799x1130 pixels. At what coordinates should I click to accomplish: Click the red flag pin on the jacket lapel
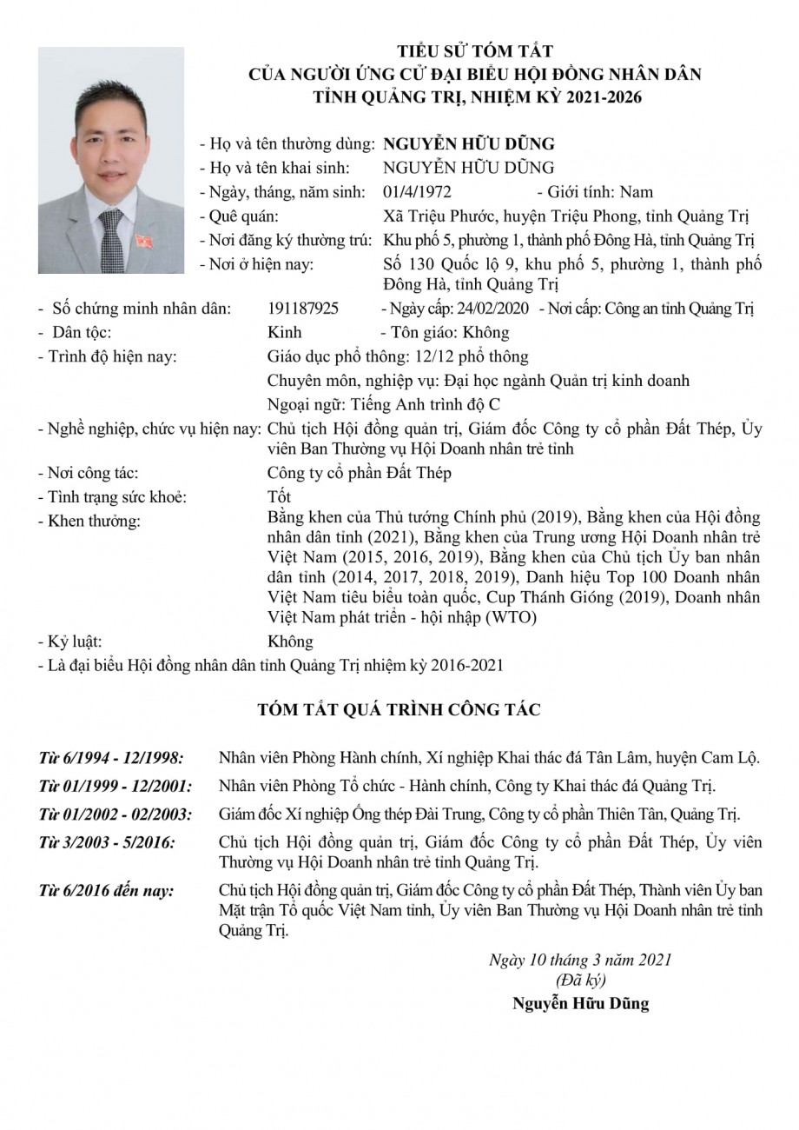click(x=143, y=240)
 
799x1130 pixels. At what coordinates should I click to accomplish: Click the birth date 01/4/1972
click(x=417, y=192)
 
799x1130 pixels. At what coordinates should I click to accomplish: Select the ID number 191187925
click(x=304, y=309)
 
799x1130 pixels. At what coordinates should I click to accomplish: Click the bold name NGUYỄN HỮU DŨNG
click(x=474, y=144)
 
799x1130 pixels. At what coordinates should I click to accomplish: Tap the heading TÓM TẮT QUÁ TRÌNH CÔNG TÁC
click(x=399, y=710)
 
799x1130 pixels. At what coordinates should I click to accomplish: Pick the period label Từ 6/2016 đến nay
click(x=106, y=891)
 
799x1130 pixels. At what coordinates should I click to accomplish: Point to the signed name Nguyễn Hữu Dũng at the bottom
click(x=580, y=1004)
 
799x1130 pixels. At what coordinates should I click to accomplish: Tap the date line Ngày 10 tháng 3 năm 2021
click(x=580, y=960)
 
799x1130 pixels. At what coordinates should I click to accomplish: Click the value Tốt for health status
click(x=280, y=497)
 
